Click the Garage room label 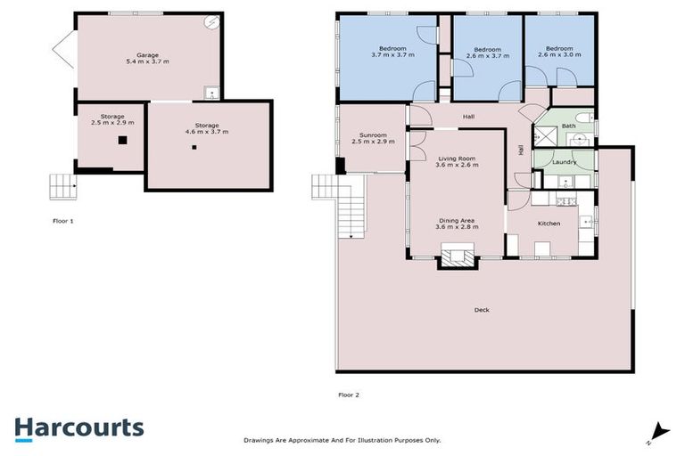pyautogui.click(x=147, y=55)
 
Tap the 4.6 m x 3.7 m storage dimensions pyautogui.click(x=208, y=132)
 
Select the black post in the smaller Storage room pyautogui.click(x=124, y=140)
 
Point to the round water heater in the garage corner pyautogui.click(x=211, y=23)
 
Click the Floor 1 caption pyautogui.click(x=62, y=220)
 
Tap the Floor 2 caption pyautogui.click(x=348, y=394)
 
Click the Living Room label pyautogui.click(x=455, y=159)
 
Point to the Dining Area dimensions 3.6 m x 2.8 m pyautogui.click(x=458, y=227)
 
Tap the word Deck pyautogui.click(x=482, y=310)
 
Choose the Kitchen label pyautogui.click(x=549, y=224)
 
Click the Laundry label pyautogui.click(x=562, y=162)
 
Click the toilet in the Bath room pyautogui.click(x=581, y=118)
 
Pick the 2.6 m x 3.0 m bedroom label pyautogui.click(x=559, y=53)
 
